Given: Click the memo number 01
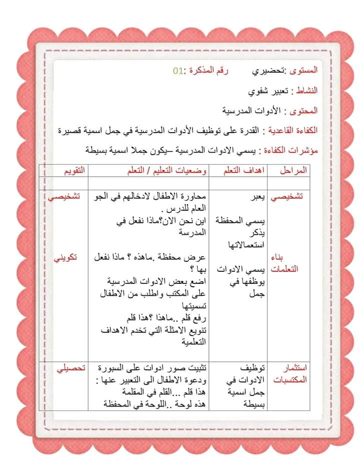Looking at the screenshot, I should pyautogui.click(x=178, y=71).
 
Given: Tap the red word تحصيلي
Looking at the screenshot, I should pyautogui.click(x=70, y=368).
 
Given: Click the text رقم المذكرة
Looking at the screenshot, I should pyautogui.click(x=209, y=71).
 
